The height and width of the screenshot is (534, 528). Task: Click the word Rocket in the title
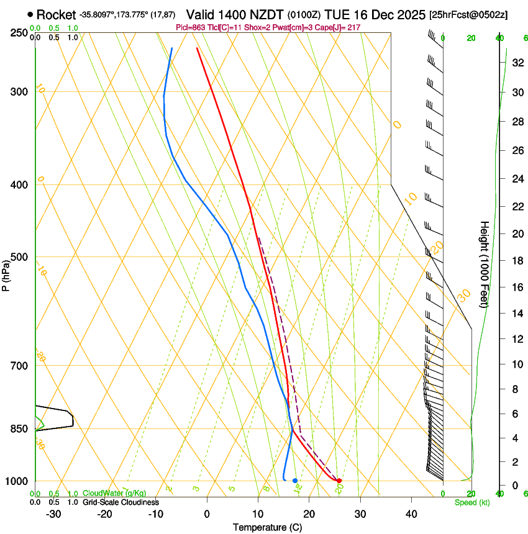[x=56, y=14]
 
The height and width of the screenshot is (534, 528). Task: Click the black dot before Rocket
[x=30, y=14]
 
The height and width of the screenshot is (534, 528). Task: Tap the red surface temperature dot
[x=339, y=481]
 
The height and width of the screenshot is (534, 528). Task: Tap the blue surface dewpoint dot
[x=295, y=481]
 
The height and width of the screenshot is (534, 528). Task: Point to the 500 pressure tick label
[x=19, y=257]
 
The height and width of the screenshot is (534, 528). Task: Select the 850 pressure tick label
[x=19, y=429]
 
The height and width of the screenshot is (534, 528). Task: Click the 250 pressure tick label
[x=19, y=33]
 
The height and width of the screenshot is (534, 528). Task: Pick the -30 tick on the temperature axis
[x=53, y=514]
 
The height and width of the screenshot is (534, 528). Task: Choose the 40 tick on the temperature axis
[x=411, y=514]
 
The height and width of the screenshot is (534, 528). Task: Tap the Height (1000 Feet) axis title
[x=485, y=264]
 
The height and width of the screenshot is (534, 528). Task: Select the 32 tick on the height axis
[x=516, y=62]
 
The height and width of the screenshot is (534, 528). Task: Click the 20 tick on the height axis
[x=516, y=233]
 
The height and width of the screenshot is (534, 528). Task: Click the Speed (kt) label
[x=471, y=502]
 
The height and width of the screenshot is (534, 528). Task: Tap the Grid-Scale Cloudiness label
[x=121, y=502]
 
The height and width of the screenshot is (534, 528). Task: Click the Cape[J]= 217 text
[x=339, y=27]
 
